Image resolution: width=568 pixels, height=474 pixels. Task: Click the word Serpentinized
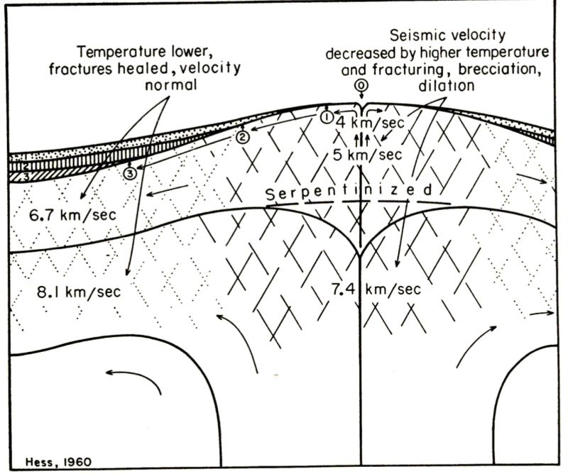click(351, 192)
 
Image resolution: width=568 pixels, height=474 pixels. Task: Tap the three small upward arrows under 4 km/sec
click(360, 138)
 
